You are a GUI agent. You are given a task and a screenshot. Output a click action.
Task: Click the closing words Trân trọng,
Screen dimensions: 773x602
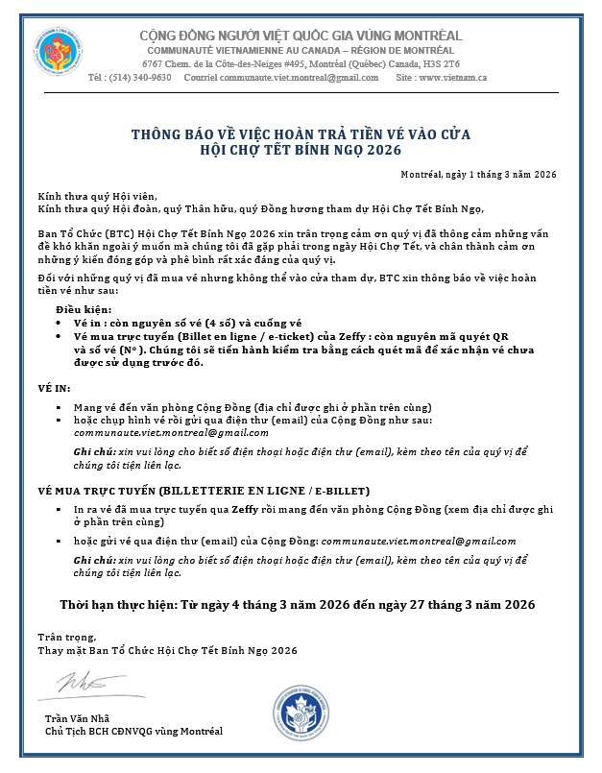[x=61, y=637]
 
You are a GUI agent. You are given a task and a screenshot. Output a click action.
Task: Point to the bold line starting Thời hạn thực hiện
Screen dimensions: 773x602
[x=298, y=604]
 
